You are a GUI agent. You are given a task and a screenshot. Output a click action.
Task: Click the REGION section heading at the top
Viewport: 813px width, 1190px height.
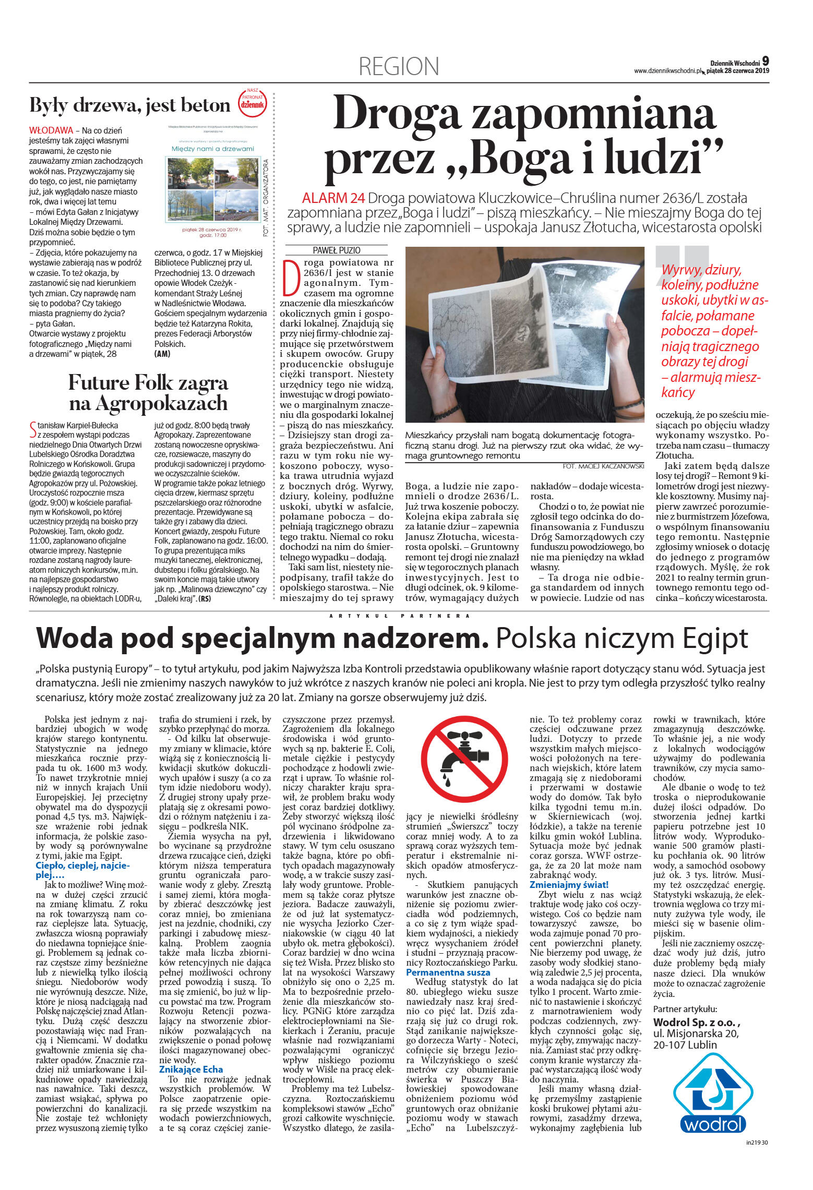point(399,67)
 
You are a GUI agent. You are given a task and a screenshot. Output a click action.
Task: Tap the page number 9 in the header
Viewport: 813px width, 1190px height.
point(765,61)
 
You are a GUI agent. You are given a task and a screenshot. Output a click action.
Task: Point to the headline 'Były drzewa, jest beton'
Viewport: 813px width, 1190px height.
point(129,106)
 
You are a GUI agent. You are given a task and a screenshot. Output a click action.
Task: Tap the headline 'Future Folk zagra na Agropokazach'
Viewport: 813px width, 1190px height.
point(148,393)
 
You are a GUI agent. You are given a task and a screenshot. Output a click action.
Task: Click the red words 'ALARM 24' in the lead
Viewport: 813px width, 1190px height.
point(333,199)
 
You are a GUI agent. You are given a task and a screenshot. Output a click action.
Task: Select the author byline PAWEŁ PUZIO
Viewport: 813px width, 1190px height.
point(336,250)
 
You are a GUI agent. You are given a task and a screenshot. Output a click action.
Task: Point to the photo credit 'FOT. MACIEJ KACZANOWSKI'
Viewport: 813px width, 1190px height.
point(603,466)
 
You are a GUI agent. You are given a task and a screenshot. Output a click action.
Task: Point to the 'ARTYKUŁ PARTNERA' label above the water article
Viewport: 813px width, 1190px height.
point(399,616)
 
